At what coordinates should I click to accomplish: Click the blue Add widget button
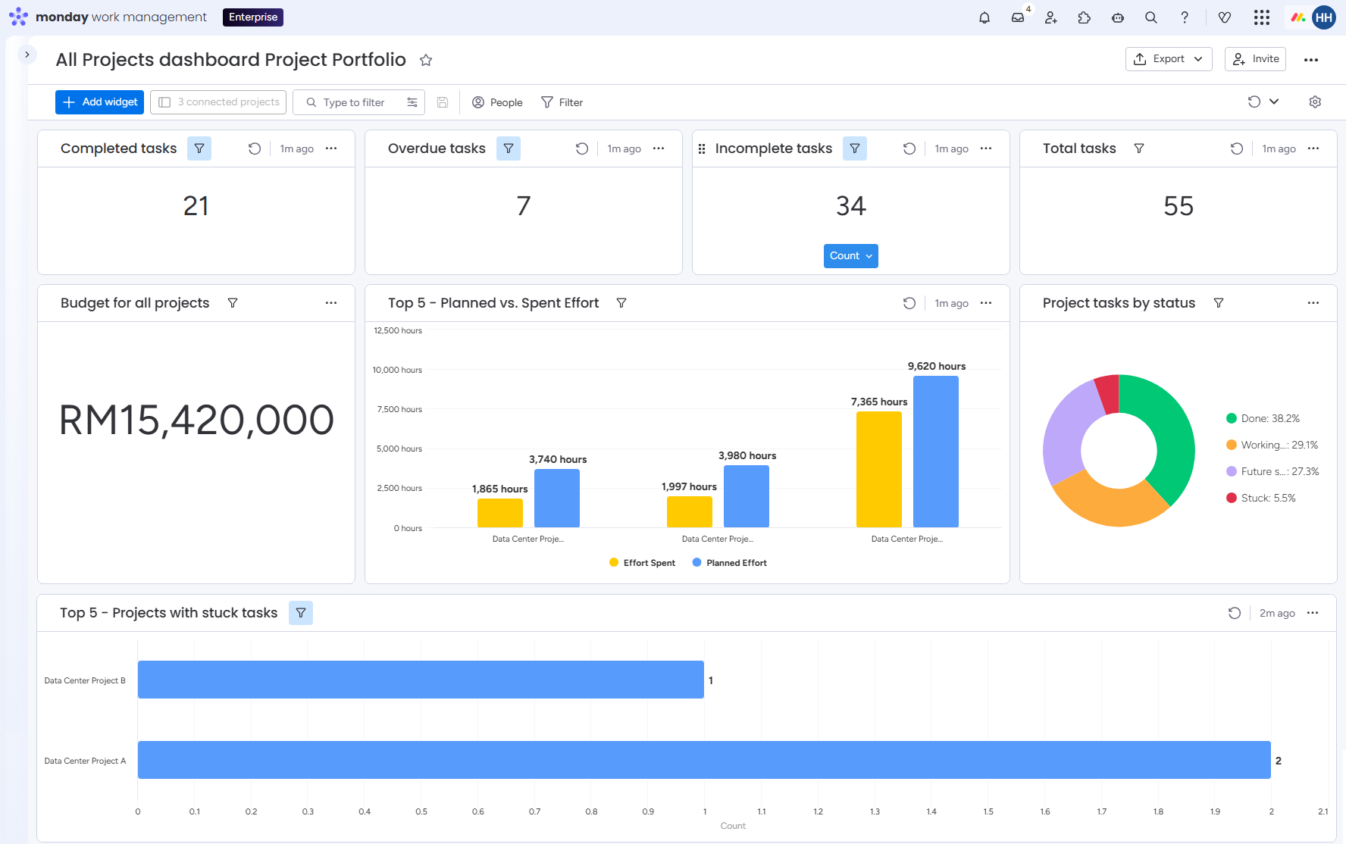[99, 102]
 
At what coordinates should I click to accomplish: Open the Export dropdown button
[1169, 59]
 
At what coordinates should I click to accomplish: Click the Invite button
[1255, 59]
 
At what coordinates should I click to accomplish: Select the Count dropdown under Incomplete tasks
[851, 256]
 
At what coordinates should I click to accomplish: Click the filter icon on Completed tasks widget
[199, 148]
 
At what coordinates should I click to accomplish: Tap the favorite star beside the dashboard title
[426, 60]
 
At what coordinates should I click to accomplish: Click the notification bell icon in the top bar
[984, 17]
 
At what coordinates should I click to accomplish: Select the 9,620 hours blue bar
[936, 452]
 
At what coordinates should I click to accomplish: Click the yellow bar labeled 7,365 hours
[879, 470]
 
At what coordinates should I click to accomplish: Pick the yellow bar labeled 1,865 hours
[500, 513]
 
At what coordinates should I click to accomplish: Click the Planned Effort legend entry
[729, 563]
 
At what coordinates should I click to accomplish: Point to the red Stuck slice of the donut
[1108, 392]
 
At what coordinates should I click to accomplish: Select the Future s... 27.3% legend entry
[1272, 471]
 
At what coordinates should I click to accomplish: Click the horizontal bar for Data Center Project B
[421, 680]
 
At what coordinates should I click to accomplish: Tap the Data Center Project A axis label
[85, 761]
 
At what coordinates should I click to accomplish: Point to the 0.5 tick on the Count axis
[421, 811]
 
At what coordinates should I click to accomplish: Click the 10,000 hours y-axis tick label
[397, 370]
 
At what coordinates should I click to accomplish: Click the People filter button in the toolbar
[497, 102]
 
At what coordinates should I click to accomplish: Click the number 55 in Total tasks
[1179, 206]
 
